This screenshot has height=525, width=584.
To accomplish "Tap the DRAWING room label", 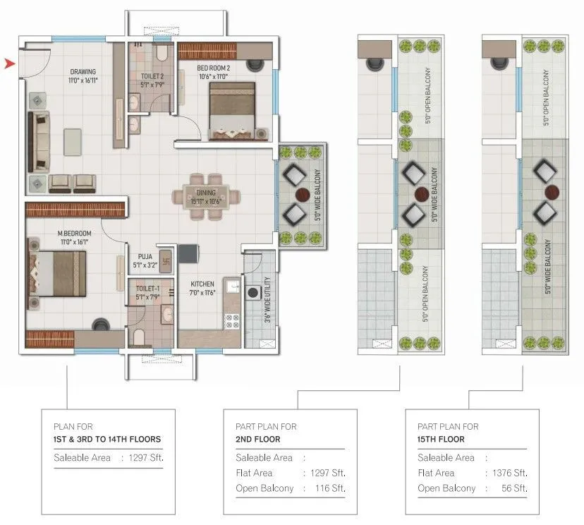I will pyautogui.click(x=83, y=71).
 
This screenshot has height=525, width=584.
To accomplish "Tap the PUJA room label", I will pyautogui.click(x=142, y=258).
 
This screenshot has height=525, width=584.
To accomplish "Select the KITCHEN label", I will pyautogui.click(x=202, y=284).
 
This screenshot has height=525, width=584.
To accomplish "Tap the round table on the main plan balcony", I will pyautogui.click(x=302, y=194).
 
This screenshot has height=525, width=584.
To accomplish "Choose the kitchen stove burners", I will pyautogui.click(x=232, y=321).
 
